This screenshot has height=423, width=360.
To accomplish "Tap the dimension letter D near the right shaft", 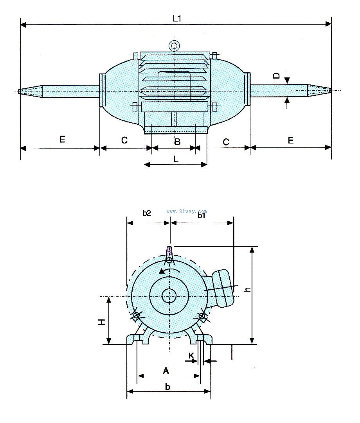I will pos(277,76).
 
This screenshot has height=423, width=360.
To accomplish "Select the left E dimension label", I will pos(62,140).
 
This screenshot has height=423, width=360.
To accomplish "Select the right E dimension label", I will pos(291,140).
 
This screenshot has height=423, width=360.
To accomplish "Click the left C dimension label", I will pos(124,140).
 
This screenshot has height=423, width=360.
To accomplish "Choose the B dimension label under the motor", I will pos(177,142).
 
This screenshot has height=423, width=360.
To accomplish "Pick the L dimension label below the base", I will pos(176,159).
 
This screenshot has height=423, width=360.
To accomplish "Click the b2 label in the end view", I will pos(147,213).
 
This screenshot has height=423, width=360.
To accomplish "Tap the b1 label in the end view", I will pos(202,215).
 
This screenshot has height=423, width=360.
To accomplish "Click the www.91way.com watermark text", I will pos(187,211).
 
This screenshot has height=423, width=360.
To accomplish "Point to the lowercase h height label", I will pos(247,289).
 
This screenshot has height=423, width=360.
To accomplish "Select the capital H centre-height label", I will pos(101,322).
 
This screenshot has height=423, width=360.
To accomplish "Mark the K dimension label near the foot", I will pos(191,355).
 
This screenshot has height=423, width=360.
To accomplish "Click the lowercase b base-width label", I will pos(167,387).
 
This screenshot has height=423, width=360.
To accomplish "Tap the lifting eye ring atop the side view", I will pos(174,45).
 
